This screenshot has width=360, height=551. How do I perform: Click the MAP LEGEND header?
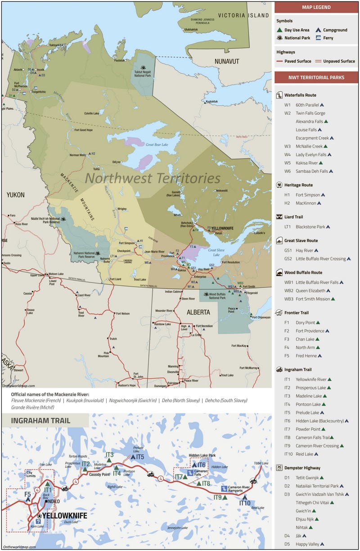[316, 7]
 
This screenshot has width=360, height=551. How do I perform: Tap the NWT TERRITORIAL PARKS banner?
[316, 77]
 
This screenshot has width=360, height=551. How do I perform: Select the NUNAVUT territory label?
[227, 61]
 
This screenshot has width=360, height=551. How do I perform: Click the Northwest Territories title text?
[153, 178]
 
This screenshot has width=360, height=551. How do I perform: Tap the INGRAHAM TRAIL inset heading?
[37, 421]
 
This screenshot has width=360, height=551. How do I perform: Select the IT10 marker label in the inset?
[244, 503]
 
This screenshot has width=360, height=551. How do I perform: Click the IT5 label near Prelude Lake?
[139, 457]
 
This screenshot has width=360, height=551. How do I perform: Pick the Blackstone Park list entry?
[310, 227]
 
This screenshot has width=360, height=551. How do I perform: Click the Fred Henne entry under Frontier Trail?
[306, 356]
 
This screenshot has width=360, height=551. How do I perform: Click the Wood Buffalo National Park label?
[217, 296]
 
